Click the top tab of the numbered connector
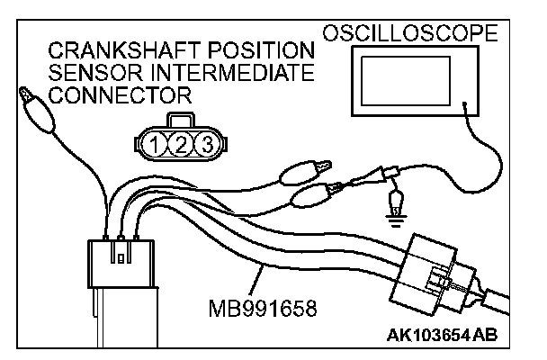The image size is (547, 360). [180, 121]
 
